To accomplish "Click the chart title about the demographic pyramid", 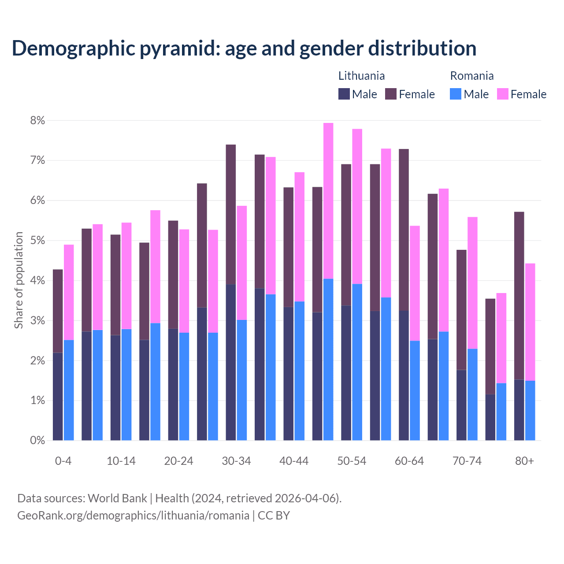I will (244, 48).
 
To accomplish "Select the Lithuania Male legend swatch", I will (344, 94).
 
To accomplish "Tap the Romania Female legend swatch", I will (502, 94).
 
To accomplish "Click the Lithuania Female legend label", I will (416, 94).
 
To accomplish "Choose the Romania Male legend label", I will (476, 94).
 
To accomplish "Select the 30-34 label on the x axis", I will (236, 461).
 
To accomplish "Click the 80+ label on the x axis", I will (524, 461).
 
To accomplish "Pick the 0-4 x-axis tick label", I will (63, 461).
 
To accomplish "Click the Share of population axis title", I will (19, 280).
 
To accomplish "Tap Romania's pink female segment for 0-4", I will (69, 292).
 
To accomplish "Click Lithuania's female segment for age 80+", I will (519, 295).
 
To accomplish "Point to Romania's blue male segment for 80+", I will (530, 410).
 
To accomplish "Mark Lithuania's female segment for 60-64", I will (404, 230).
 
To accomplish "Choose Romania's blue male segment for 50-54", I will (357, 362).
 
